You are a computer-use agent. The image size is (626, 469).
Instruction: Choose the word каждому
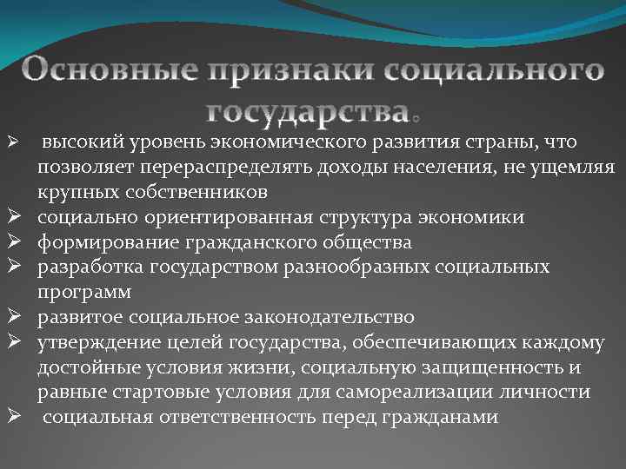[564, 342]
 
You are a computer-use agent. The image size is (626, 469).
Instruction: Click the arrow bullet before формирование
[13, 241]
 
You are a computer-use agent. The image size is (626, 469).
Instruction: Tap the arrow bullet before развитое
[13, 317]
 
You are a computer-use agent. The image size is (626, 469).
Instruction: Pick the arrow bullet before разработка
[13, 267]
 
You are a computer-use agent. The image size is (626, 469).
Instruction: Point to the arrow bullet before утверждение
[13, 342]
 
